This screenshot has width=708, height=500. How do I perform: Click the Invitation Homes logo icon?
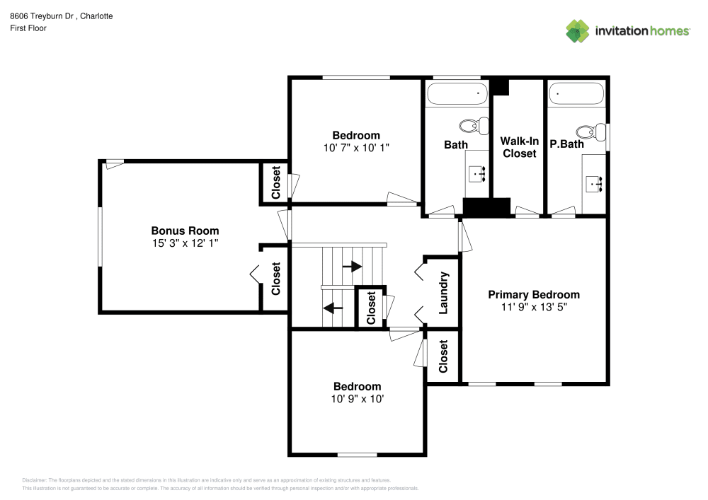[578, 30]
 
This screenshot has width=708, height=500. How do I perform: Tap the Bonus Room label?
[185, 231]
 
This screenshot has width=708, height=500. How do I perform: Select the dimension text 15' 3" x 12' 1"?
[185, 243]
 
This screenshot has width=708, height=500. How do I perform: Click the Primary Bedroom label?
[534, 295]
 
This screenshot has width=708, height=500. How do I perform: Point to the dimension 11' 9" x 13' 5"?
[534, 307]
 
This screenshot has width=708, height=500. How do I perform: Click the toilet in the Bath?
[474, 126]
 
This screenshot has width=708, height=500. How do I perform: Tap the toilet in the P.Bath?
[590, 132]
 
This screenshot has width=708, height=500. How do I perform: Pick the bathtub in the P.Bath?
[576, 93]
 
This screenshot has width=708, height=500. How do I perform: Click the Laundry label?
[444, 293]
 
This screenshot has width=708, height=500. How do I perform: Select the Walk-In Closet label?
[519, 147]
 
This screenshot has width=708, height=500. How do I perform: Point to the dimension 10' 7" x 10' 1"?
[356, 148]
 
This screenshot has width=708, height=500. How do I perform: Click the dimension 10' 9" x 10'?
[358, 399]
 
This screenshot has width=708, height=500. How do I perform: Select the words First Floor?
[28, 28]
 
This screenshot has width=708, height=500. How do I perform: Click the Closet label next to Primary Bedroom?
[444, 356]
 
